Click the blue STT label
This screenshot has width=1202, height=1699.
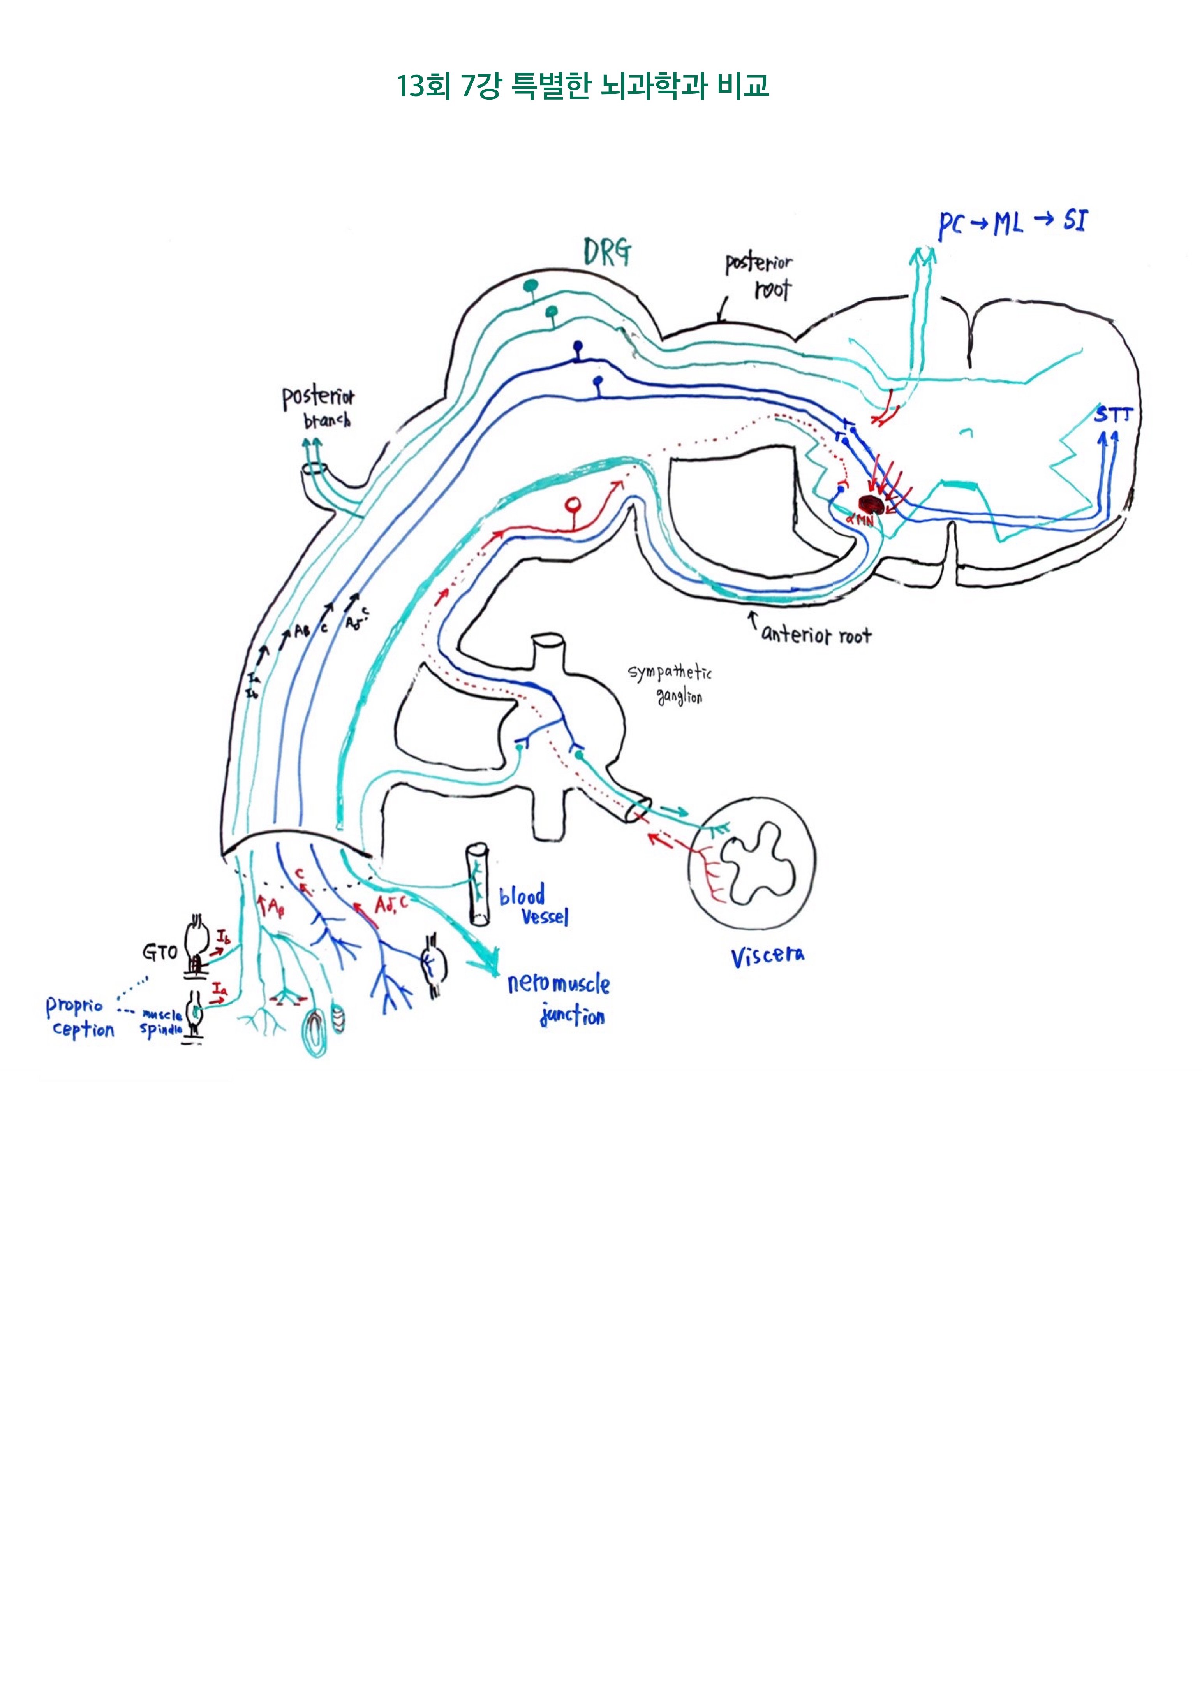pos(1112,415)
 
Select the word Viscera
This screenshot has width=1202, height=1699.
pos(768,957)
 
